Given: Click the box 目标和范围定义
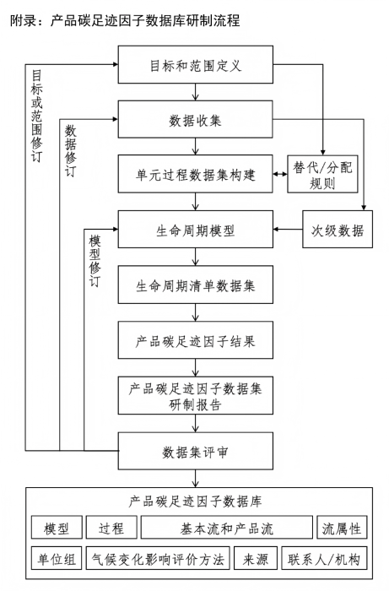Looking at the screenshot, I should coord(196,65).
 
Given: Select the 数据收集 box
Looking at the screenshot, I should coord(196,120).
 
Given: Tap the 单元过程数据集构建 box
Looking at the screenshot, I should coord(196,176).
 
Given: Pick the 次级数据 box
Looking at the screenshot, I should coord(337,230).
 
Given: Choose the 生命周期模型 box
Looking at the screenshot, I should coord(196,230).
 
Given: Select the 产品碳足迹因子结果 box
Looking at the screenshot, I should coord(196,342).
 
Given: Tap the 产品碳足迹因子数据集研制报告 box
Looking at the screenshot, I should coord(196,397).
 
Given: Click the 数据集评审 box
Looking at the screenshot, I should coord(196,453).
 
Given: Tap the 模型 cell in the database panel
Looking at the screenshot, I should coord(57,529).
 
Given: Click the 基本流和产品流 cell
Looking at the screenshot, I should coord(227,529).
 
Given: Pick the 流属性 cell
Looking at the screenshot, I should coord(341,529).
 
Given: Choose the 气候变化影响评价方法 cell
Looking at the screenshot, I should coord(158,559).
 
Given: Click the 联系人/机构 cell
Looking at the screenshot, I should coord(324,559).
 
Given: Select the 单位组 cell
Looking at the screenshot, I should coord(57,559).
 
